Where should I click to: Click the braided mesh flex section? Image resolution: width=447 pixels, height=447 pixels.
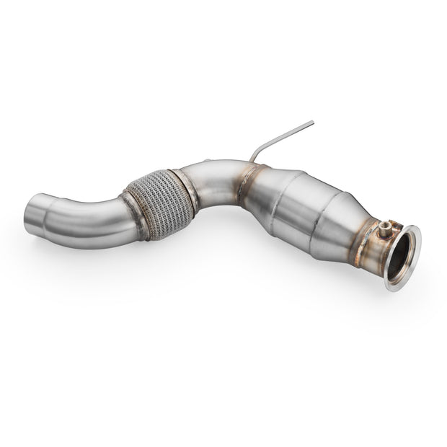click(x=160, y=203)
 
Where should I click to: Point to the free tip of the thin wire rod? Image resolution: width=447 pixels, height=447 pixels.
click(x=313, y=122)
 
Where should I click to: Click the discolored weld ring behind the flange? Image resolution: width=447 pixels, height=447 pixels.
click(x=369, y=238)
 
